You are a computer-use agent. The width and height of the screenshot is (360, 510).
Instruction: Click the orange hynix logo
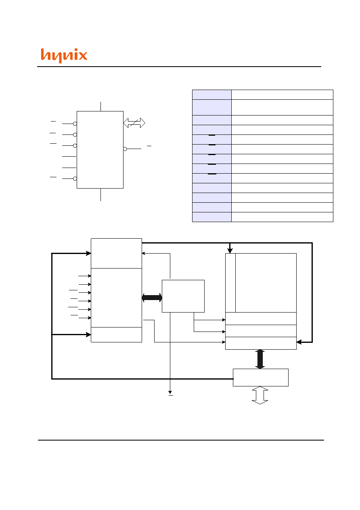coord(64,55)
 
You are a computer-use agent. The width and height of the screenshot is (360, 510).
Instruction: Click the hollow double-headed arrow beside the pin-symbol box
coord(134,123)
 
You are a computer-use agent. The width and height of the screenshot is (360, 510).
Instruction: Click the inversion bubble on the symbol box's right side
coord(125,149)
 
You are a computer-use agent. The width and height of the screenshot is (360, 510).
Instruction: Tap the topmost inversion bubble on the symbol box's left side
coord(75,124)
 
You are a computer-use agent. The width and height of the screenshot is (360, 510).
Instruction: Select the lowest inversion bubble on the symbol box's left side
coord(75,179)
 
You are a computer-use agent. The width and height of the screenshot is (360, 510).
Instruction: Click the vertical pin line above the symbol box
coord(100,107)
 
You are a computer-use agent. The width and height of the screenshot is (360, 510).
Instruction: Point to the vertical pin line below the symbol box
coord(100,195)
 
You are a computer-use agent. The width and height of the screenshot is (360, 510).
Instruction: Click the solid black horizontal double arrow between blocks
coord(152,298)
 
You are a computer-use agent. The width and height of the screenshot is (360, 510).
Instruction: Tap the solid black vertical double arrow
coord(260,359)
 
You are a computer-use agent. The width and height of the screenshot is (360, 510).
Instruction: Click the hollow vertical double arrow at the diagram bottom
coord(260,395)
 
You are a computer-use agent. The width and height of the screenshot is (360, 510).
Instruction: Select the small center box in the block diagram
coord(183,296)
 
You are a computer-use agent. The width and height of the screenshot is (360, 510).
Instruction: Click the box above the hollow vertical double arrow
coord(261,378)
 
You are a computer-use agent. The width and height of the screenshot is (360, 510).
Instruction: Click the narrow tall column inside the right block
coord(230,283)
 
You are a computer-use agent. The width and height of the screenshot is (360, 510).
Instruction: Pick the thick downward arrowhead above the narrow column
coord(230,251)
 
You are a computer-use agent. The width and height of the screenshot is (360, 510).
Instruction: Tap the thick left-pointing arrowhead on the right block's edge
coord(299,342)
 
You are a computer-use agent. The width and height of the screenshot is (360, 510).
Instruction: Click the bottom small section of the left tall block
coord(116,335)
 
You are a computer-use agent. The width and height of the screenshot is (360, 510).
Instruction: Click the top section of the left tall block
coord(116,254)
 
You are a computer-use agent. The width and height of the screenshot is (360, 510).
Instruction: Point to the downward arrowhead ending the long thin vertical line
coord(170,392)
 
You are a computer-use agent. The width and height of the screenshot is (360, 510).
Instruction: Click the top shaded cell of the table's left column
coord(212,94)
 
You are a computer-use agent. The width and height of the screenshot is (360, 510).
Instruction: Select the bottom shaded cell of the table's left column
coord(212,217)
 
